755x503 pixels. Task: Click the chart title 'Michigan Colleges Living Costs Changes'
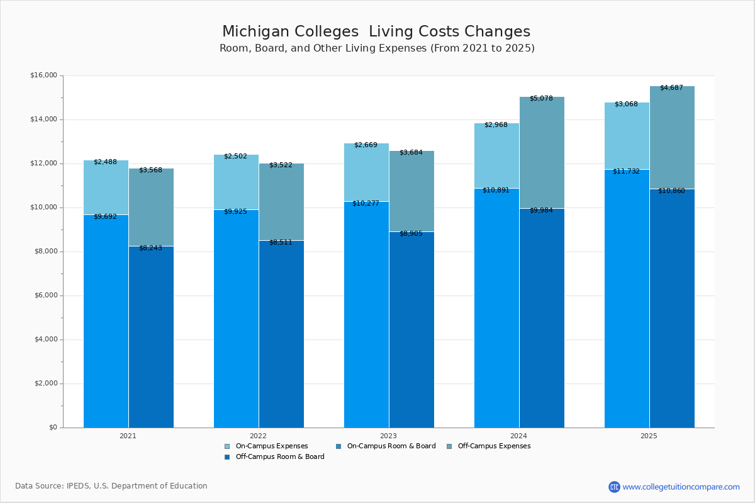[x=376, y=31]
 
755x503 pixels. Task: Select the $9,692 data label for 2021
[x=105, y=216]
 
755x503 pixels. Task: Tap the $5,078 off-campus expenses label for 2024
[x=541, y=99]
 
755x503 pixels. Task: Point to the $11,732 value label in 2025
[x=626, y=171]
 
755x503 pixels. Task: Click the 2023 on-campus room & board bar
[x=366, y=314]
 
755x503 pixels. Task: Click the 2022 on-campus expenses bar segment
[x=236, y=182]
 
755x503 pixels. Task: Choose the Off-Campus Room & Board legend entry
[x=279, y=457]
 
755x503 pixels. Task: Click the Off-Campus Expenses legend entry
[x=493, y=446]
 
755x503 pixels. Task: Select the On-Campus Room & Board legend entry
[x=391, y=446]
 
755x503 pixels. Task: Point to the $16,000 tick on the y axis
[x=43, y=75]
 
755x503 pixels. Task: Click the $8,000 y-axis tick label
[x=45, y=251]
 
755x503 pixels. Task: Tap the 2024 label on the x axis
[x=518, y=435]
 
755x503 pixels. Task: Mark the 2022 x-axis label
[x=258, y=435]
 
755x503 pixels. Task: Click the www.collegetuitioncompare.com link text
[x=681, y=487]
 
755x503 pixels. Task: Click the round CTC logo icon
[x=614, y=487]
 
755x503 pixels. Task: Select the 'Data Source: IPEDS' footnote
[x=111, y=486]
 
